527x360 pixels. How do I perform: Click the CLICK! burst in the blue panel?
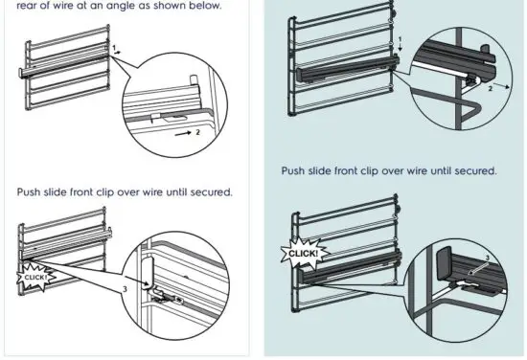click(302, 254)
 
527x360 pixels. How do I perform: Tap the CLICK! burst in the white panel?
click(35, 277)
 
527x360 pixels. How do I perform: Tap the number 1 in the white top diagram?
click(113, 46)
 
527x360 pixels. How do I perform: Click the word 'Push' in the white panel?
click(32, 191)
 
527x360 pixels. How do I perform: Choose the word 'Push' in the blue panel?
click(296, 171)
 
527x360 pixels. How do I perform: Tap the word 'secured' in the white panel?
click(208, 191)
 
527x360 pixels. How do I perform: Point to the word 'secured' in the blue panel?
click(472, 171)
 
